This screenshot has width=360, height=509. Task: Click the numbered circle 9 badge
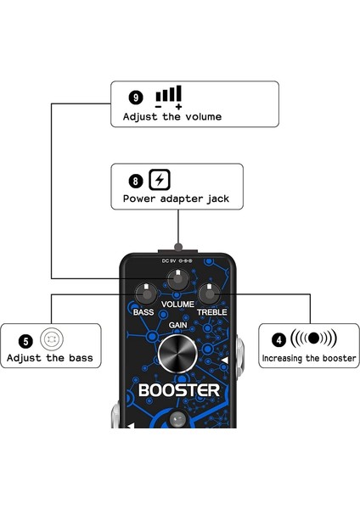click(x=134, y=96)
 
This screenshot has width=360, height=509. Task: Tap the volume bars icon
click(x=168, y=94)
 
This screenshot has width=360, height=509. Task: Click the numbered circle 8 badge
click(x=135, y=181)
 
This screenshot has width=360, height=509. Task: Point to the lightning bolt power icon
click(x=159, y=180)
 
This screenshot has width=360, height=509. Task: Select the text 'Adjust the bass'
click(x=49, y=358)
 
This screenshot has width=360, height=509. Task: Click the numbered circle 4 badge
click(x=278, y=341)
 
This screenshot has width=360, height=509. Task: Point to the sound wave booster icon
click(x=313, y=338)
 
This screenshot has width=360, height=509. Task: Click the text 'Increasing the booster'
click(x=309, y=360)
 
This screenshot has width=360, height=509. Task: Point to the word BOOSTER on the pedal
click(x=178, y=391)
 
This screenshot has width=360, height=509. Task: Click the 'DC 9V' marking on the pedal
click(x=169, y=261)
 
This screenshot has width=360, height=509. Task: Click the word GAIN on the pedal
click(x=178, y=325)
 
